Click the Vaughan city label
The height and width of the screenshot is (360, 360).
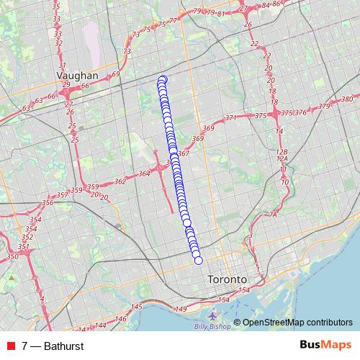tap(78, 75)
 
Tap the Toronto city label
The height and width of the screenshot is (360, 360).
tap(226, 279)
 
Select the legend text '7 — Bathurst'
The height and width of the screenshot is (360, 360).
tap(53, 346)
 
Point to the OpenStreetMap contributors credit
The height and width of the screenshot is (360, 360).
tap(297, 323)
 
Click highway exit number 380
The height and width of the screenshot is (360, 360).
tap(347, 99)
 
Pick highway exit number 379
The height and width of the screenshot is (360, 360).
tap(323, 107)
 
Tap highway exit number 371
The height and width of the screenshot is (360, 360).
tap(231, 117)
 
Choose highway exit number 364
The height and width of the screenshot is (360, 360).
tap(144, 173)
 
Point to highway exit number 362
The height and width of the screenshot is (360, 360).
tap(120, 182)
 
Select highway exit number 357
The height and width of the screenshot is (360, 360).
tap(62, 194)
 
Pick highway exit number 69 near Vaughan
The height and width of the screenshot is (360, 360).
tap(116, 74)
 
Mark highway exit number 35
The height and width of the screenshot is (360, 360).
tap(57, 6)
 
